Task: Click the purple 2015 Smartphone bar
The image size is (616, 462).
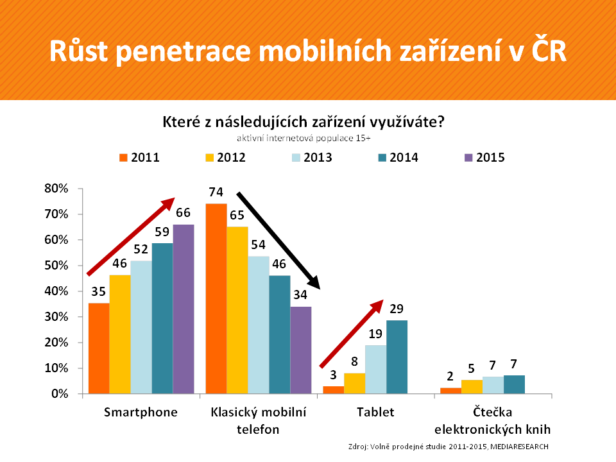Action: (183, 309)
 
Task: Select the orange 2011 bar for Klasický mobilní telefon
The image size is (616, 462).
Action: (216, 298)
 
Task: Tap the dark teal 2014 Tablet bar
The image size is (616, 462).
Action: (397, 357)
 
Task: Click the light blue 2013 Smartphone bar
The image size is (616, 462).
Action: (141, 327)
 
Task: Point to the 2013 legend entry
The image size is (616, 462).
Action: (311, 157)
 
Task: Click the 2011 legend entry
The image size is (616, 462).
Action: (139, 157)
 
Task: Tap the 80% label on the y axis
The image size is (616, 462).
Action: (56, 189)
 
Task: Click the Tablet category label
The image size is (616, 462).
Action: (375, 412)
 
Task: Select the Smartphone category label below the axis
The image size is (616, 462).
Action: (141, 412)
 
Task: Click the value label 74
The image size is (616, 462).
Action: (216, 192)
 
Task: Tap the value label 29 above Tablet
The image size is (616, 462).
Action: (396, 308)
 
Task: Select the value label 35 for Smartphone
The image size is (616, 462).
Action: (98, 291)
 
